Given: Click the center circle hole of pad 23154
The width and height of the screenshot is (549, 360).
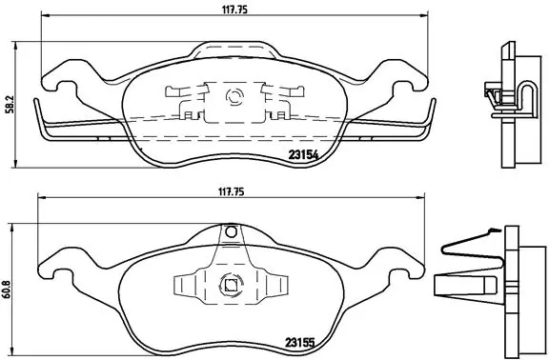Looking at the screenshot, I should [x=233, y=94].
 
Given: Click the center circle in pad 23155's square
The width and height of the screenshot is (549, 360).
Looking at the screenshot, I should [x=229, y=282].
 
